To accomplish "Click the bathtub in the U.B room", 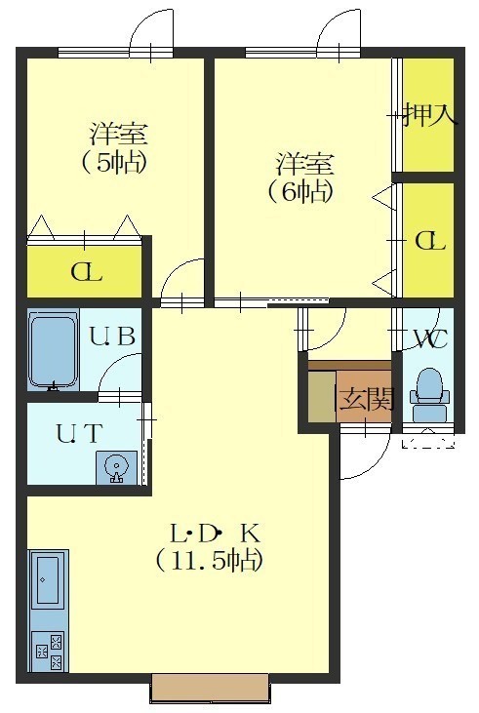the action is [x=54, y=350].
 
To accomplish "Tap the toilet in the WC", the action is [x=430, y=394].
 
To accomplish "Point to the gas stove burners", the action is [x=48, y=652].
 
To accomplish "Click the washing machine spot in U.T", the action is [x=116, y=467].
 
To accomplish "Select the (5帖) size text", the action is [x=115, y=162].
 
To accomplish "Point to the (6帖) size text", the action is [x=301, y=191].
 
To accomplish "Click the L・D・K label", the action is [x=215, y=534].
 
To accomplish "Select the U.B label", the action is [x=112, y=337].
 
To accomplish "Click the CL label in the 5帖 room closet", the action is [x=87, y=273].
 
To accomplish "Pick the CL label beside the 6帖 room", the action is [x=430, y=241].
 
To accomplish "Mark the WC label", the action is [x=430, y=338].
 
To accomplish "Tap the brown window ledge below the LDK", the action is [x=210, y=686].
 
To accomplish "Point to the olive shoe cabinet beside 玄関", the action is [x=323, y=396].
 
